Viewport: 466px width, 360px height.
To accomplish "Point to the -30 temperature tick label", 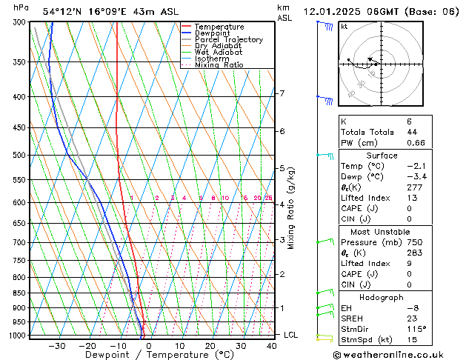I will point(56,345).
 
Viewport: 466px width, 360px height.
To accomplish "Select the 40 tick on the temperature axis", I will point(271,345).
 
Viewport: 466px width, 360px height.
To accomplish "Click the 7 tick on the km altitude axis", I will point(282,93).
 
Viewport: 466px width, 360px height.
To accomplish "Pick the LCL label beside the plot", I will point(291,335).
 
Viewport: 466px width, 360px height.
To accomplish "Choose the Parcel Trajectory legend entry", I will point(228,40).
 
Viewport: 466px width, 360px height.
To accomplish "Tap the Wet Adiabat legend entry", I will point(219,53).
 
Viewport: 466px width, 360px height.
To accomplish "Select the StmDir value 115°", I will point(416,329).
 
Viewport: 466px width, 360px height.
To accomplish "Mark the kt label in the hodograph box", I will point(344,27).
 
